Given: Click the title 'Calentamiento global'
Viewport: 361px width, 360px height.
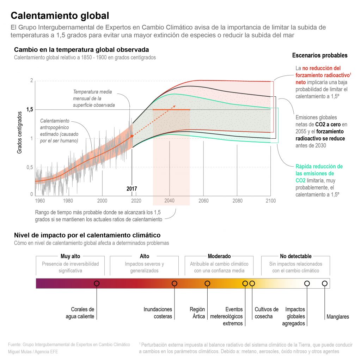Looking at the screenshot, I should pos(60,16).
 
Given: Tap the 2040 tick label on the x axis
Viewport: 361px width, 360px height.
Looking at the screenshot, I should pos(170,201).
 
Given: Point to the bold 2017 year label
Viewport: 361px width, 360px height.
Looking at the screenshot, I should pos(132,189).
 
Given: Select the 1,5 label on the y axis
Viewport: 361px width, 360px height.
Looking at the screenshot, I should pos(30,110).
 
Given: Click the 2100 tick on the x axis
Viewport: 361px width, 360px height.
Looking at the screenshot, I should pos(270,201).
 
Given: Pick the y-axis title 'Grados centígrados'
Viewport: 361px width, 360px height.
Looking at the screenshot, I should pos(20,132).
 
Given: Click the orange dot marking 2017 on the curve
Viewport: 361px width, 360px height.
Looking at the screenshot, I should pos(132,136).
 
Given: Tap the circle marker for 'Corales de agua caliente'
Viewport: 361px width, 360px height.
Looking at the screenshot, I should pos(97,283).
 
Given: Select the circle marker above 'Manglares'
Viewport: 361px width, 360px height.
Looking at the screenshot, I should pos(325,283).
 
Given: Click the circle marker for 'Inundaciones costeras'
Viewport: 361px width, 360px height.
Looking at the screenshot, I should pos(174,283).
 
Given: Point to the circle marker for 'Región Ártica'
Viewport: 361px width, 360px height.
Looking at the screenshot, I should pos(207,283).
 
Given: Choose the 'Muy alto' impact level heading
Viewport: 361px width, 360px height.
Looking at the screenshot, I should pos(71,256).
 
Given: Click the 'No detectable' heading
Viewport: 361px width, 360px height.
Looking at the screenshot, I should pos(296,256).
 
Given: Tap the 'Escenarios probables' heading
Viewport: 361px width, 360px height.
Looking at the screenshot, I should pos(320,55).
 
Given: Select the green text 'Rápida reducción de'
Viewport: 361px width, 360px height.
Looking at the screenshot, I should pos(319,166).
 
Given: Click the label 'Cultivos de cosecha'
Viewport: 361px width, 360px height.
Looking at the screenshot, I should pos(267,313).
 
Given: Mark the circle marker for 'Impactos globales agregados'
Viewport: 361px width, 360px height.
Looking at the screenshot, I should pos(307,283).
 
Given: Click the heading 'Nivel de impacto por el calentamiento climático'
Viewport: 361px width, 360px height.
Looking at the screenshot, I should pos(87,235).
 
